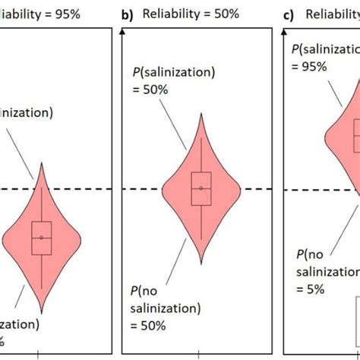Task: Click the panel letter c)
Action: click(x=287, y=14)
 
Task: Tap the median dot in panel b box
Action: click(x=201, y=188)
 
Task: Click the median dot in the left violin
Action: click(x=42, y=238)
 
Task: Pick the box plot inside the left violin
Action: click(x=42, y=238)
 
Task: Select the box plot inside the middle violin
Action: click(x=201, y=188)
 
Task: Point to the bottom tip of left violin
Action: click(x=42, y=314)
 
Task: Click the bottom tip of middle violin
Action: click(x=201, y=263)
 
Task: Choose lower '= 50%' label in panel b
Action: click(x=156, y=326)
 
